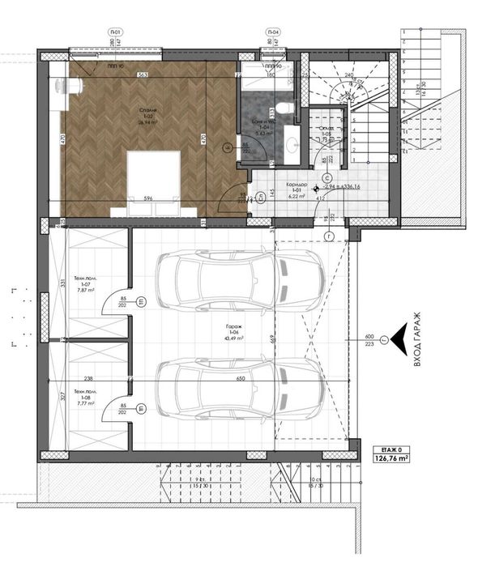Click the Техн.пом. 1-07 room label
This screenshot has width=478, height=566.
pos(85,285)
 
